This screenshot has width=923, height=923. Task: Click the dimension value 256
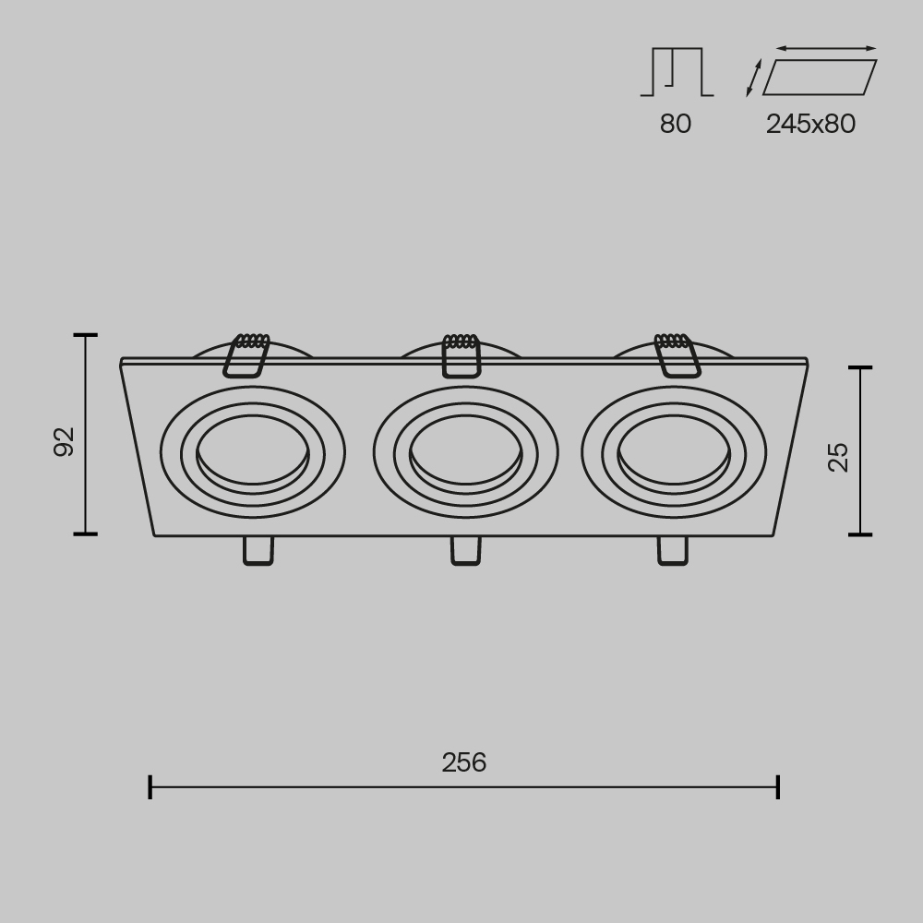(463, 762)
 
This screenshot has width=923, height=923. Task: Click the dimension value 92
(64, 441)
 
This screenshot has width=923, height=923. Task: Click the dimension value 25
(838, 456)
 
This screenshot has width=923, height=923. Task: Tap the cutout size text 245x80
(810, 124)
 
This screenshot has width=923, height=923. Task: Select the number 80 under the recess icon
(675, 124)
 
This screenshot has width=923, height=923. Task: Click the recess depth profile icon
(677, 72)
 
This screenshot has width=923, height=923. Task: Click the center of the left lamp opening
(252, 451)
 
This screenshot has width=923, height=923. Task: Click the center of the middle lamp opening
(464, 451)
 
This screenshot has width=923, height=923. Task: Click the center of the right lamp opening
(673, 451)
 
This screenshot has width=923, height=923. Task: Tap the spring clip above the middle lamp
(461, 355)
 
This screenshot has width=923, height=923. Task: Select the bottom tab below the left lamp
(258, 550)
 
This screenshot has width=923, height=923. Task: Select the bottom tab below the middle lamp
(465, 550)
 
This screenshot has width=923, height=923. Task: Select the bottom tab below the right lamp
(672, 550)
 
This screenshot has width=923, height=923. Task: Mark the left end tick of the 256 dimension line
(150, 787)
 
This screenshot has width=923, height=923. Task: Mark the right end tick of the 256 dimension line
(778, 787)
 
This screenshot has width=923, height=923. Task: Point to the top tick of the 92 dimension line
(85, 336)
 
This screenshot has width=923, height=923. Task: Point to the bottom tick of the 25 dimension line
(860, 533)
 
